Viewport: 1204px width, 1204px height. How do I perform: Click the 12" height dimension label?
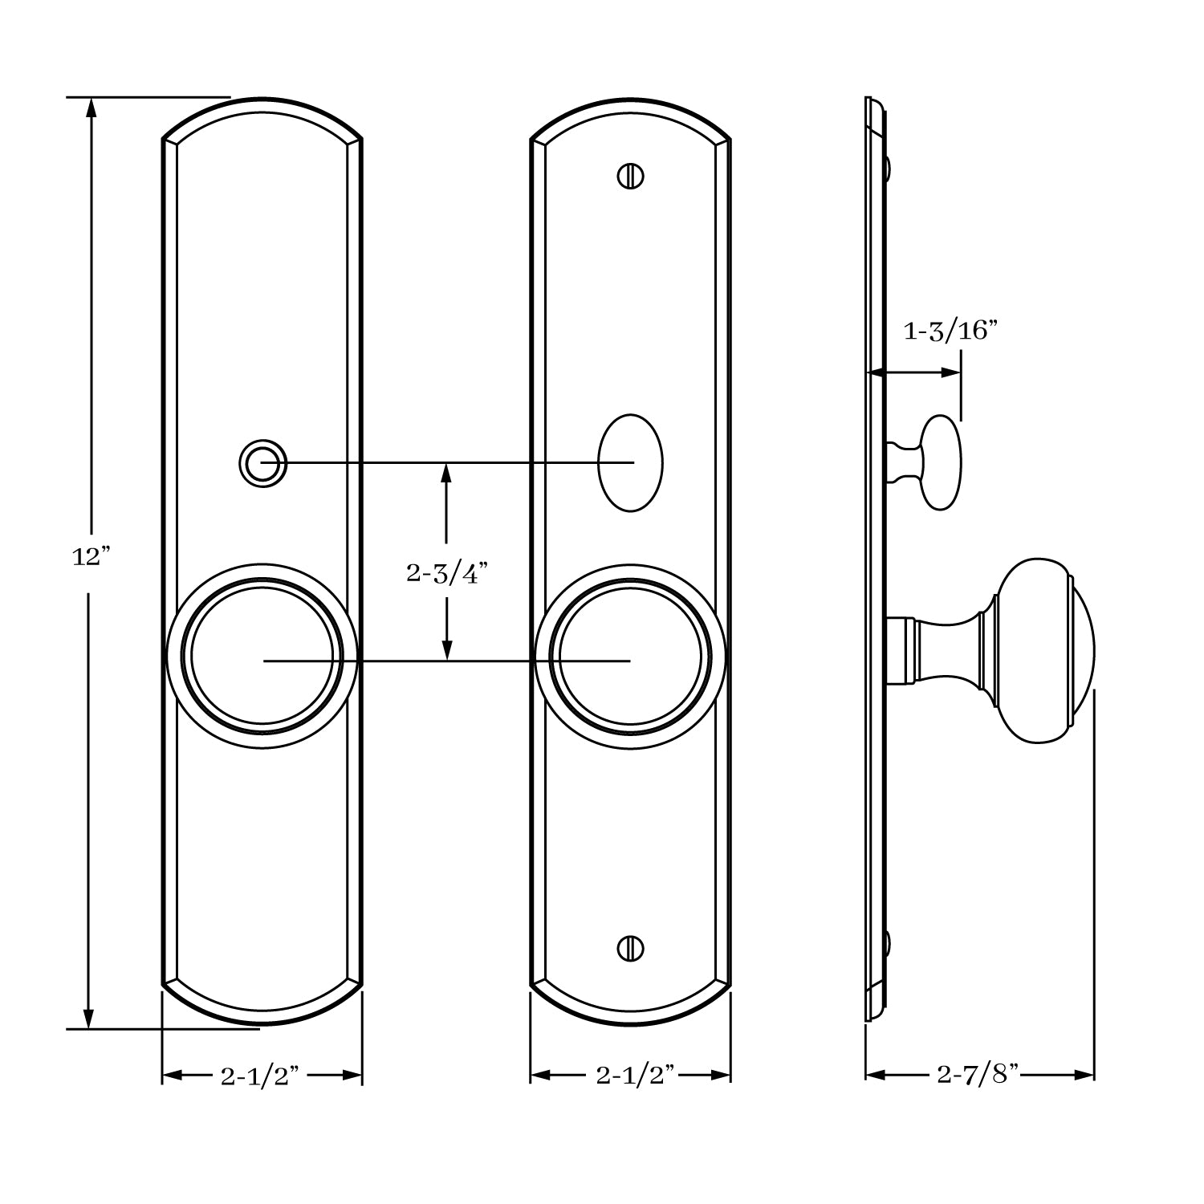tap(90, 556)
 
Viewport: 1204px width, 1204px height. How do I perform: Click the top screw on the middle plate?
tap(631, 176)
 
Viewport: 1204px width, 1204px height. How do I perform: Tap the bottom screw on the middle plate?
tap(631, 948)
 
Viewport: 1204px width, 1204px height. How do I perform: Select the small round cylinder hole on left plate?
tap(262, 463)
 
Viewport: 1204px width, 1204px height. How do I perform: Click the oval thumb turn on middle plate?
tap(631, 463)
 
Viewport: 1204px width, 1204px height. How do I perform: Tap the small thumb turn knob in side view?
tap(939, 462)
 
